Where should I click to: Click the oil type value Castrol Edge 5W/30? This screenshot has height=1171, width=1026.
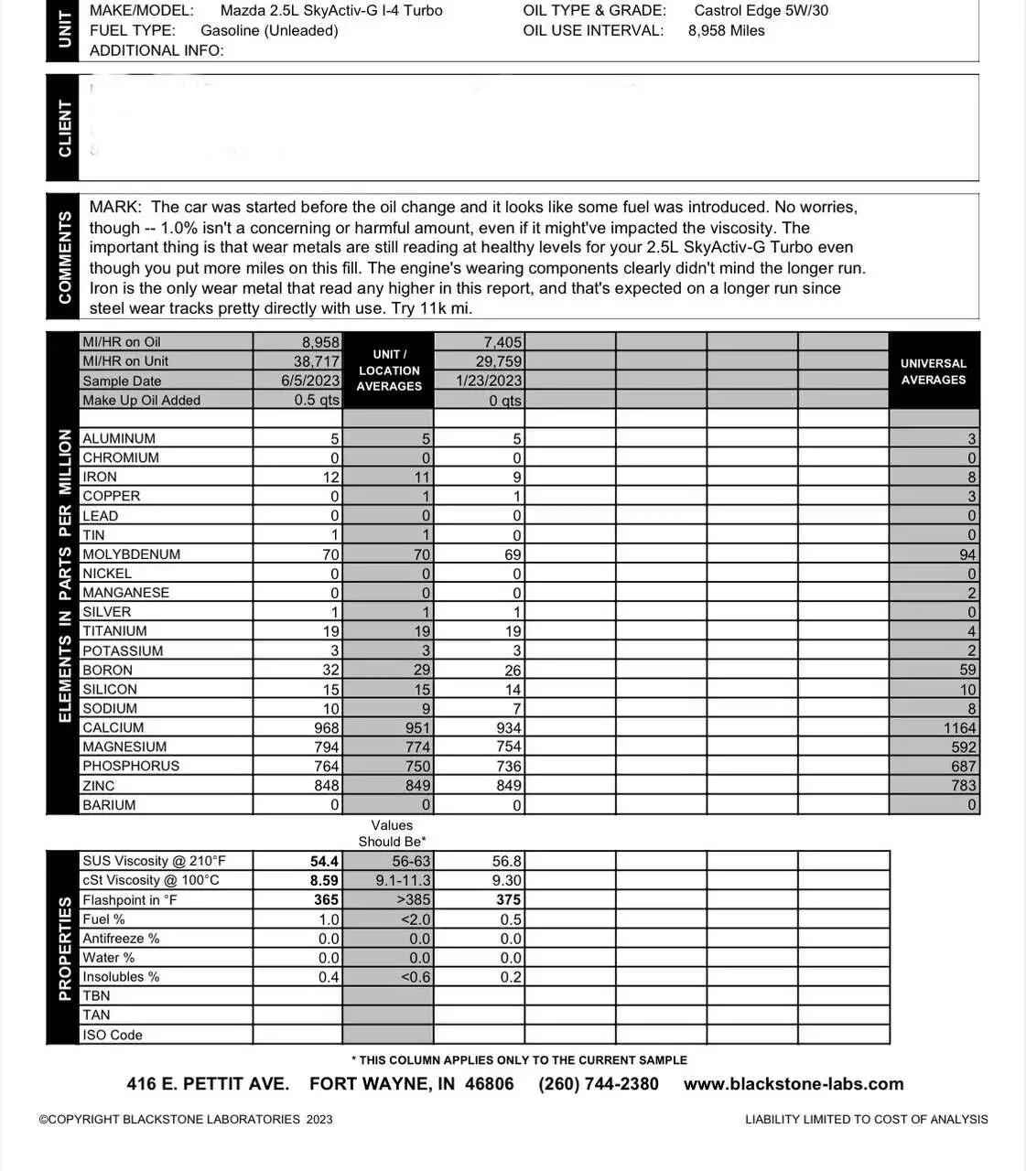click(x=761, y=11)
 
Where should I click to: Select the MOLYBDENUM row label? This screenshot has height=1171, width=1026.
click(x=131, y=554)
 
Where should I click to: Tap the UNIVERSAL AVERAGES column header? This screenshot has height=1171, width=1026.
click(x=933, y=371)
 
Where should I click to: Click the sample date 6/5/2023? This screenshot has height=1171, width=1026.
click(x=310, y=381)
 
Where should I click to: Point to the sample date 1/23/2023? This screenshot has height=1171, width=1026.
click(x=490, y=381)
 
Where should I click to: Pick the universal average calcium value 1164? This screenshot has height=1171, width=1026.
click(x=960, y=728)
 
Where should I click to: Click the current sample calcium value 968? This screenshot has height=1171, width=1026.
click(x=327, y=728)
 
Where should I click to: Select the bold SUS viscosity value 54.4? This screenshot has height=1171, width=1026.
click(x=324, y=862)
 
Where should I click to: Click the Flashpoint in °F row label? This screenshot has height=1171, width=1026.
click(x=129, y=900)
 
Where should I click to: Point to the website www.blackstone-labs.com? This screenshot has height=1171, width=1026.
click(x=794, y=1084)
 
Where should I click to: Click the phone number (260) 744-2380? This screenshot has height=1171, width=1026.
click(x=599, y=1084)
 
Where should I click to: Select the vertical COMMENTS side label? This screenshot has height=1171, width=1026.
click(x=65, y=257)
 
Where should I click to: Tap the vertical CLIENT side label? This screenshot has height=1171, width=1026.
click(x=65, y=128)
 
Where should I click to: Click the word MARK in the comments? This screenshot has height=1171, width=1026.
click(x=115, y=208)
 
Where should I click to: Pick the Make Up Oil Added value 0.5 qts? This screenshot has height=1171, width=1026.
click(x=317, y=401)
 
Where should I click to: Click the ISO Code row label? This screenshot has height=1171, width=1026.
click(x=113, y=1036)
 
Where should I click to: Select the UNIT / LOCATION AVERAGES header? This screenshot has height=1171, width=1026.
click(x=389, y=371)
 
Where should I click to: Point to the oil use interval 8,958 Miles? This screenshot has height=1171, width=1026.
click(x=726, y=31)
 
